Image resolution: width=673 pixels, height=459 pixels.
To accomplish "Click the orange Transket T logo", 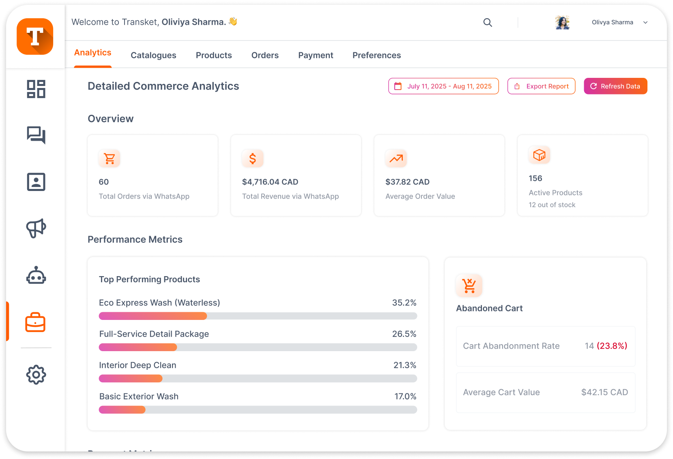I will [35, 36].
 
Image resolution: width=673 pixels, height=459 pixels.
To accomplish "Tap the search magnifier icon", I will [488, 23].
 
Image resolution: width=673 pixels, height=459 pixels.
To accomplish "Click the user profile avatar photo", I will [562, 23].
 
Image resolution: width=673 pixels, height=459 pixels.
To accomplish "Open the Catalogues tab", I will [153, 55].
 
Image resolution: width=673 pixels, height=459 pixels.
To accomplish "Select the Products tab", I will [214, 55].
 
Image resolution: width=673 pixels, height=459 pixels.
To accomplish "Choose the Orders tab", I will [265, 55].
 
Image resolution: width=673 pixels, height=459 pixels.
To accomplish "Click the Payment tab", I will [316, 55].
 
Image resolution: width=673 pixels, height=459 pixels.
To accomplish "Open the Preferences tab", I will [376, 55].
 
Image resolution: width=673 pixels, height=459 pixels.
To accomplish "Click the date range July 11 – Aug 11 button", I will [443, 86].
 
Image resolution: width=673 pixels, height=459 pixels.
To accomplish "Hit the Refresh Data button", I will [615, 86].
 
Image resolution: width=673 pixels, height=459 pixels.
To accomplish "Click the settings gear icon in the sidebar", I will [36, 375].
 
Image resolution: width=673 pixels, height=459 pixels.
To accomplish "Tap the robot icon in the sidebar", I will [36, 276].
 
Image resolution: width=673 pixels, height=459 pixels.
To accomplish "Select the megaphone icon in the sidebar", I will [36, 228].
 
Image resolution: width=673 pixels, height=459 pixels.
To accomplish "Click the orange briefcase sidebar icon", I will [36, 322].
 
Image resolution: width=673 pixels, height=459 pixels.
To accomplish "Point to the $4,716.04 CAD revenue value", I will [270, 182].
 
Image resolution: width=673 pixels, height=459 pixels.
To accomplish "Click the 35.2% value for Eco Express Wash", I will [404, 303].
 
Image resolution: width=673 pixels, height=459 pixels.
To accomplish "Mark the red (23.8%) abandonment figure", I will [612, 346].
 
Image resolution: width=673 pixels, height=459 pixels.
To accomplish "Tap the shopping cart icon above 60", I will [110, 159].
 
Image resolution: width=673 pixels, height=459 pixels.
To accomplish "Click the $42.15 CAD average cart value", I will [604, 392].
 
